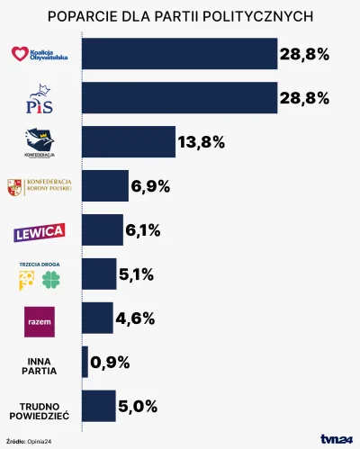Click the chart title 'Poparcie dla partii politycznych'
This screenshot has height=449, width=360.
pos(180,16)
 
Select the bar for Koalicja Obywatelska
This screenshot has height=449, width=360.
pos(179,54)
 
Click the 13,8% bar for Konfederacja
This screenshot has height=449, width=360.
pos(129,142)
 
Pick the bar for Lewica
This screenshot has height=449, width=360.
pos(103,230)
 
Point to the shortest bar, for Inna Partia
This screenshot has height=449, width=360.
pos(85,363)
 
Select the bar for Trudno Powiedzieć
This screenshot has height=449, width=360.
pos(99,407)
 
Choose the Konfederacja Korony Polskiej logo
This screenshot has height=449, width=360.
pos(40,187)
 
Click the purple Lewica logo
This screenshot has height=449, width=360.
pos(40,232)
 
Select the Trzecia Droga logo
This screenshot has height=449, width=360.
pos(40,275)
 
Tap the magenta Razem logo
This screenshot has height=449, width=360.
pos(40,319)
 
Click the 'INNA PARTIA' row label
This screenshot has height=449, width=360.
pos(40,363)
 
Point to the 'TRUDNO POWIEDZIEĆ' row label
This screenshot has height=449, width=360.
pos(40,408)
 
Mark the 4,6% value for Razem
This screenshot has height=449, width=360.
pos(137,319)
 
